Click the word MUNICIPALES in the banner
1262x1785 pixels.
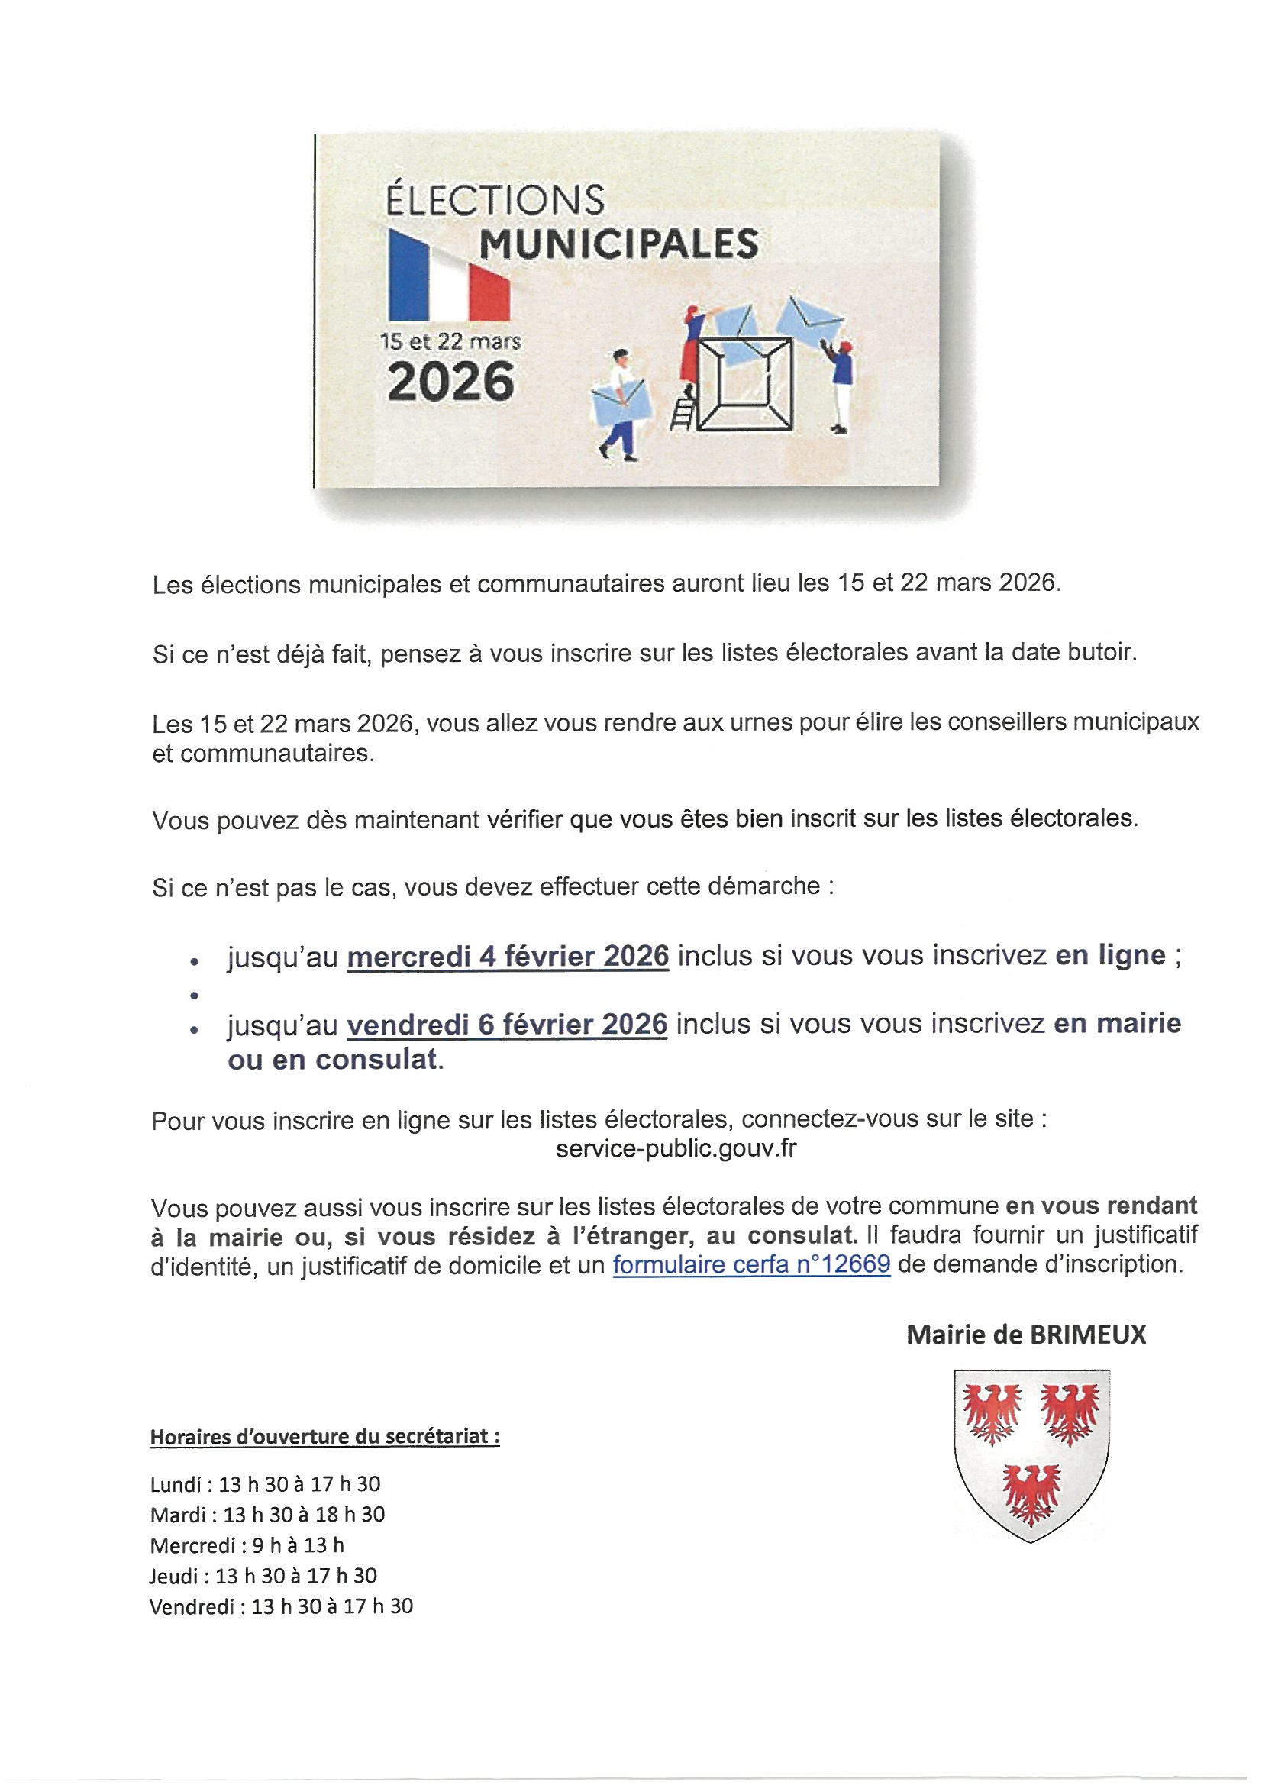tap(618, 244)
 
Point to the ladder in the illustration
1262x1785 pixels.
tap(683, 409)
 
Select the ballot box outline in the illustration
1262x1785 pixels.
tap(745, 383)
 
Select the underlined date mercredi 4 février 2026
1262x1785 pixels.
tap(508, 955)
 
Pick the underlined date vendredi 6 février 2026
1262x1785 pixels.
tap(507, 1024)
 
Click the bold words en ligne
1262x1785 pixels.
tap(1109, 955)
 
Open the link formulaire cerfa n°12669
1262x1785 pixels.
tap(751, 1265)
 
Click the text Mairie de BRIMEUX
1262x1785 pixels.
tap(1026, 1335)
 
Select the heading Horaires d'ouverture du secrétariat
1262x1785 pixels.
tap(324, 1437)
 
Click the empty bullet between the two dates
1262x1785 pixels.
tap(191, 994)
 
